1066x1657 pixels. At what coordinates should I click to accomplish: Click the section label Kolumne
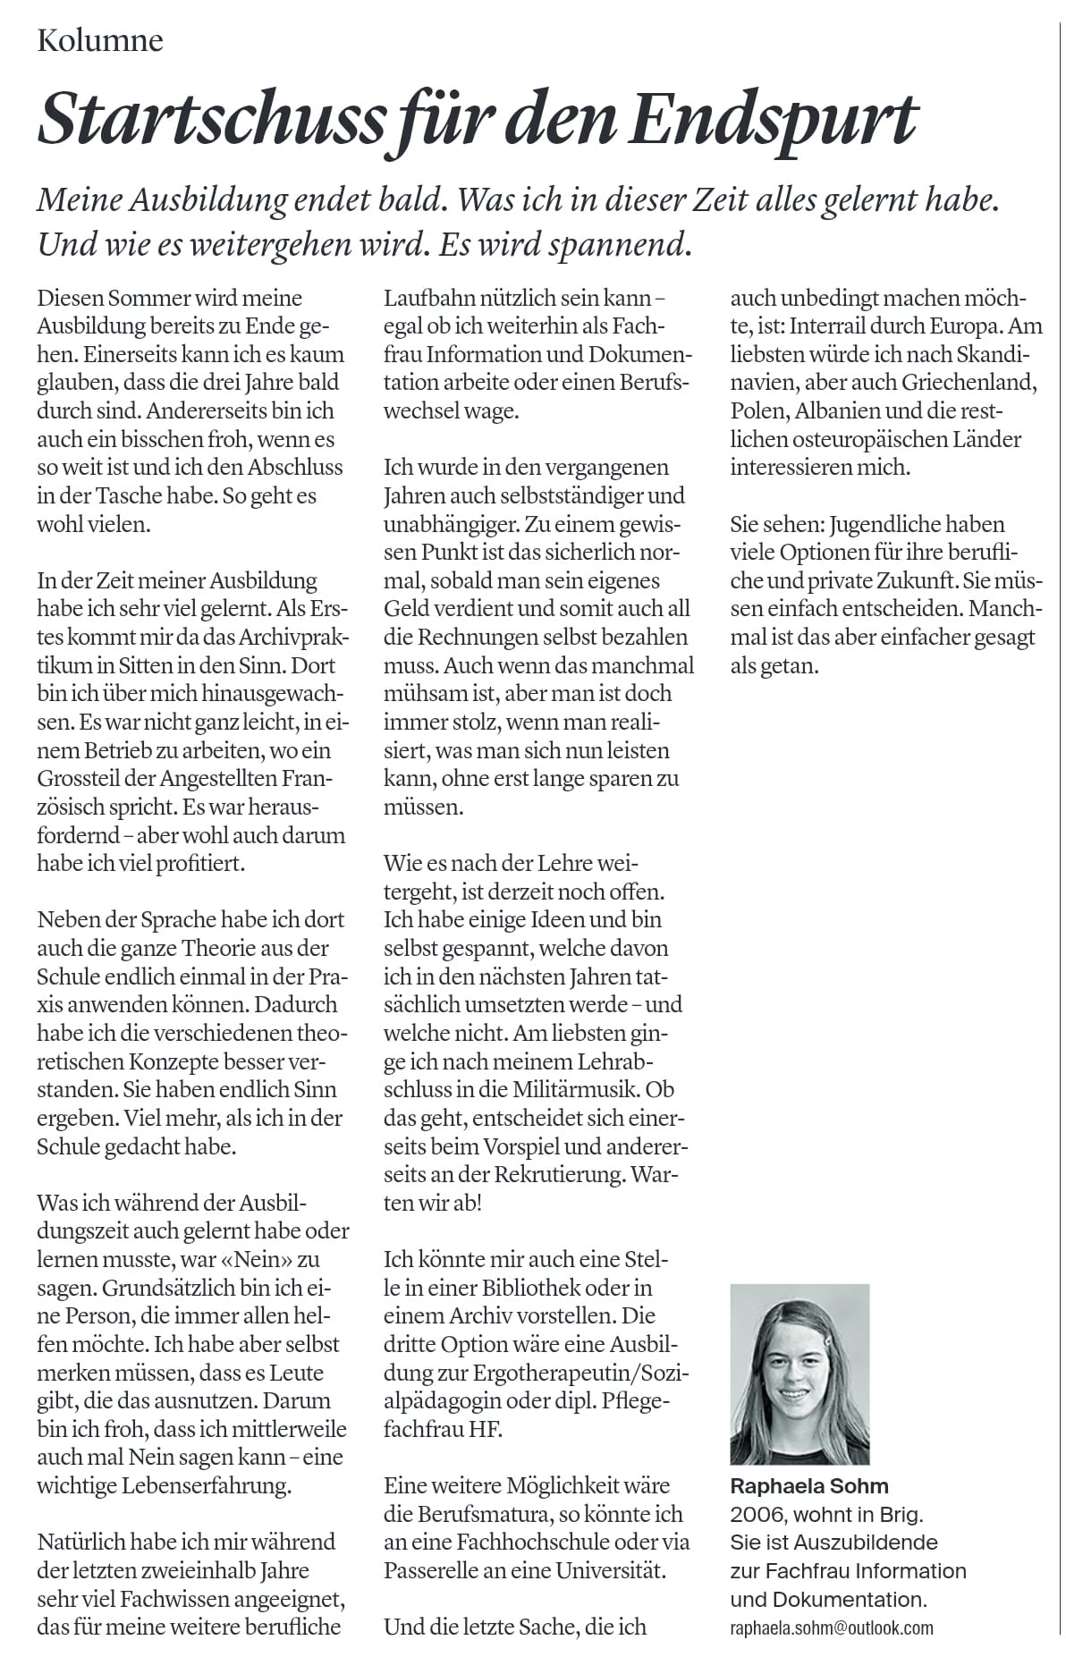[100, 41]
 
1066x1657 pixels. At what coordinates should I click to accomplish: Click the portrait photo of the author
[799, 1374]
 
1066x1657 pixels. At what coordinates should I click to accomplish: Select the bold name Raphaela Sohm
[809, 1486]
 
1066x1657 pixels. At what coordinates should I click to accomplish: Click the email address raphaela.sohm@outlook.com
[832, 1627]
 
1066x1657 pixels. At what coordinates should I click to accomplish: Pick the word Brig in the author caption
[900, 1515]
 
